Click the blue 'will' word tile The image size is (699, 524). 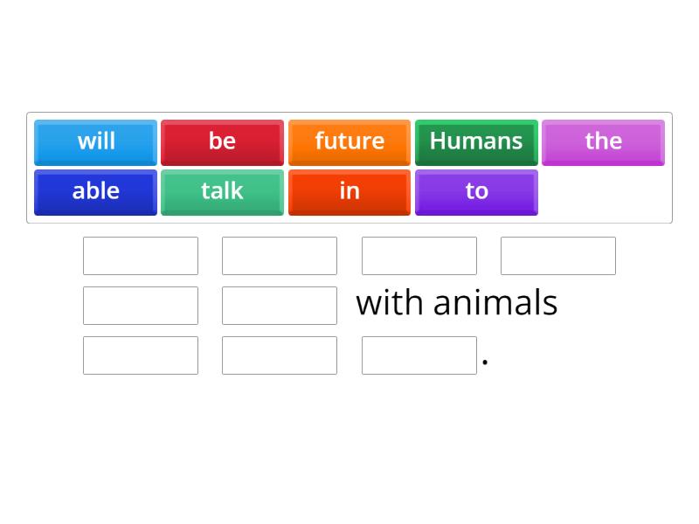coord(96,141)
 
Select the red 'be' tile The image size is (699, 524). coord(222,141)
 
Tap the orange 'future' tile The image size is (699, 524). coord(349,141)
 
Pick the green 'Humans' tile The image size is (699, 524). coord(476,141)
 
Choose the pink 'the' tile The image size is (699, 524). coord(603,141)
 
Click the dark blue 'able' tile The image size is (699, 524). coord(96,191)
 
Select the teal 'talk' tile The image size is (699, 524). coord(222,191)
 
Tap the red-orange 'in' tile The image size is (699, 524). coord(349,191)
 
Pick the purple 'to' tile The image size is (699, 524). coord(476,191)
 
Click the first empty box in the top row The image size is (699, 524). coord(141,256)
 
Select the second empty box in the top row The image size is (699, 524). coord(280,256)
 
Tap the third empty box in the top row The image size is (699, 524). coord(419,256)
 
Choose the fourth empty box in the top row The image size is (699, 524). coord(558,256)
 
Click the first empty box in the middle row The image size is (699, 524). coord(141,306)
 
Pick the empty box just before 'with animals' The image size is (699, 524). coord(280,306)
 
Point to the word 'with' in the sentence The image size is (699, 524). coord(391,303)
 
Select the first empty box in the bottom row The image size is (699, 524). coord(141,355)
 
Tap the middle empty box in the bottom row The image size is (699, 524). coord(280,355)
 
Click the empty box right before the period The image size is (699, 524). coord(419,355)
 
